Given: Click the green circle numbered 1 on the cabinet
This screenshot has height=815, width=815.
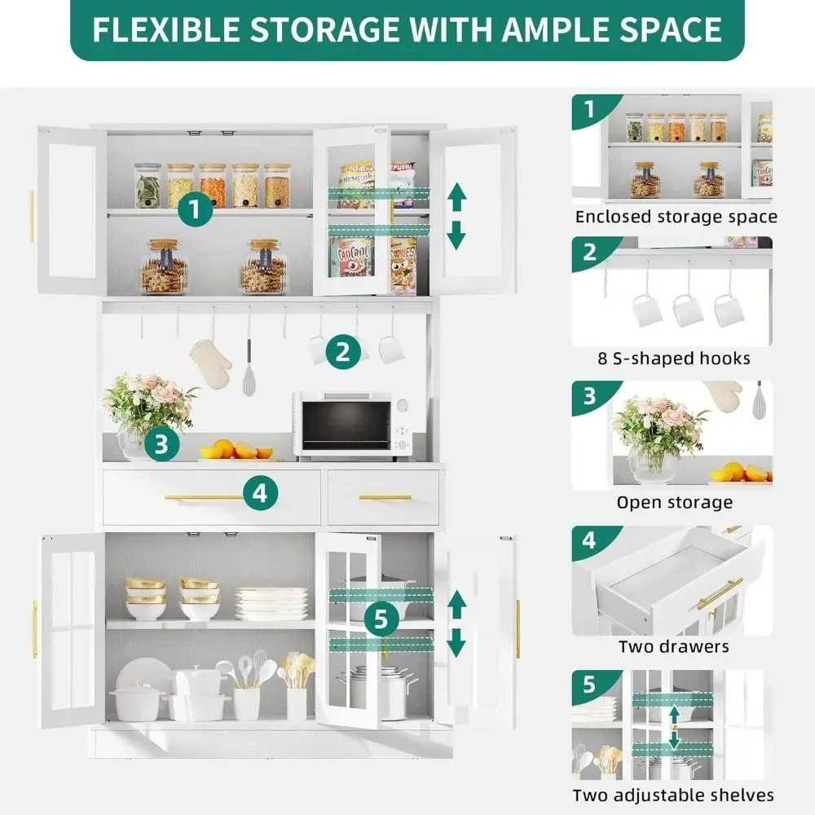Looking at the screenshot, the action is [x=195, y=209].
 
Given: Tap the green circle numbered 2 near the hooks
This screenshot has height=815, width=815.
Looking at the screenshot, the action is [x=343, y=352].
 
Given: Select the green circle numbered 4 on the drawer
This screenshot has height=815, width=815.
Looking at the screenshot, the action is [x=260, y=493].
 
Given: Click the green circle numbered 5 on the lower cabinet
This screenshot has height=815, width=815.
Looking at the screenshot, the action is [x=381, y=619].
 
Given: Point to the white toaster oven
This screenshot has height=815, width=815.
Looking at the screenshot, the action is [x=353, y=426].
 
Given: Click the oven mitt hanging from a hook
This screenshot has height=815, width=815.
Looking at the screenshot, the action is [x=210, y=363].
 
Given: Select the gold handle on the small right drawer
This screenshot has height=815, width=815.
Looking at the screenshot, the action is [x=385, y=498].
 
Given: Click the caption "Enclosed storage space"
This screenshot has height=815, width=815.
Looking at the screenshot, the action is [x=676, y=217].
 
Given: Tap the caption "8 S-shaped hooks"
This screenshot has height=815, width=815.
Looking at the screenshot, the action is [x=674, y=358].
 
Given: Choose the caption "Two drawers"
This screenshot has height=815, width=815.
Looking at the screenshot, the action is [x=674, y=646].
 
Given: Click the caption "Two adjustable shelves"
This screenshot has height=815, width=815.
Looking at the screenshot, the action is [x=673, y=795].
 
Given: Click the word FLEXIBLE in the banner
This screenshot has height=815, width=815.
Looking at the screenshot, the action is [x=166, y=29].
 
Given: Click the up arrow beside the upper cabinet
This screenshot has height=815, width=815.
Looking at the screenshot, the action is [x=457, y=196].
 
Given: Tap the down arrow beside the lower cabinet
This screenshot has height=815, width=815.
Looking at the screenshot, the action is [x=456, y=642].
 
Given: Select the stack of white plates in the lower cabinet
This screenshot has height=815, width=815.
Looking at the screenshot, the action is [x=271, y=603].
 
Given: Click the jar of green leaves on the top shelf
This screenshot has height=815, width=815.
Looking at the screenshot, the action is [x=148, y=186].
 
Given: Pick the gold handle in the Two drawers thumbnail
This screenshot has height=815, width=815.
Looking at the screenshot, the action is [x=720, y=593].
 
